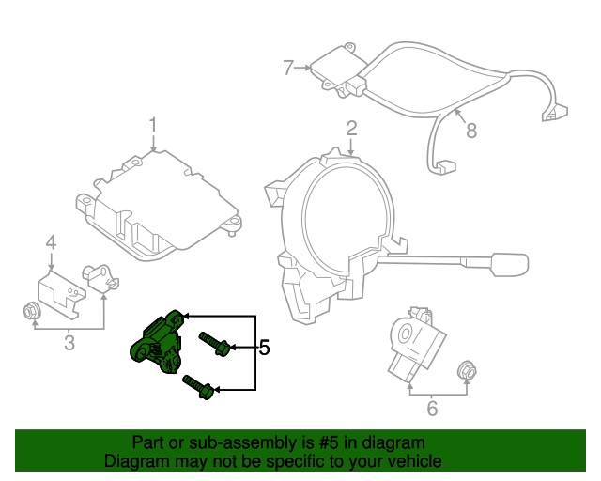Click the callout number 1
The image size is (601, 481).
(x=153, y=125)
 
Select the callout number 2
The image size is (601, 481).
(x=351, y=128)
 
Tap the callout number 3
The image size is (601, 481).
(x=69, y=344)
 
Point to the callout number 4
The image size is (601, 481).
(x=52, y=243)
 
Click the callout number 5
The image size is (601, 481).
(x=264, y=349)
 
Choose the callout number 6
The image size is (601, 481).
(x=432, y=408)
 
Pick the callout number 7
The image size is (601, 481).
(x=289, y=67)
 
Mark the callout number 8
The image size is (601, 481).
(x=471, y=131)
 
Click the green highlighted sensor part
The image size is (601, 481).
(x=154, y=339)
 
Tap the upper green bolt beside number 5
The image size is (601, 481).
(x=213, y=344)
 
